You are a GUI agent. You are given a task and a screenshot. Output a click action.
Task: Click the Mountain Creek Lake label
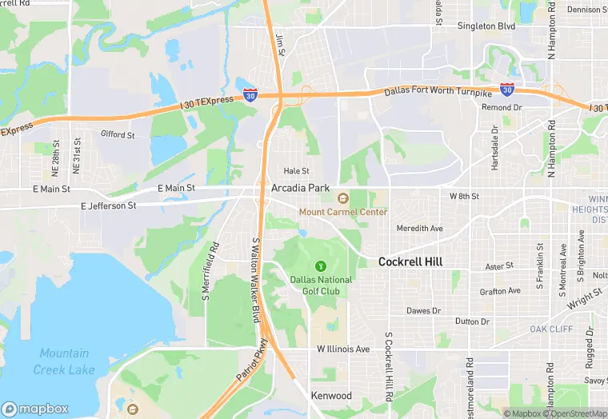click(x=64, y=361)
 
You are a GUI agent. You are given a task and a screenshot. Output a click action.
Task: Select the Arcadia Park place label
click(x=301, y=188)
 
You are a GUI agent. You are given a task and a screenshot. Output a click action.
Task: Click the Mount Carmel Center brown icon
click(x=342, y=198)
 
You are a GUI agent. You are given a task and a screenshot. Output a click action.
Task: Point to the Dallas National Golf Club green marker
click(x=320, y=265)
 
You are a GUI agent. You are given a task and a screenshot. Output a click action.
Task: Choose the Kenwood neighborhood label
click(x=332, y=396)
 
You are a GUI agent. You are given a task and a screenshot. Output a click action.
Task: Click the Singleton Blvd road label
click(x=486, y=26)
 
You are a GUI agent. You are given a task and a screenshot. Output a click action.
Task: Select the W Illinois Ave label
click(x=343, y=349)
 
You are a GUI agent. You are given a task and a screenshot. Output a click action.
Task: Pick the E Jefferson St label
click(x=109, y=206)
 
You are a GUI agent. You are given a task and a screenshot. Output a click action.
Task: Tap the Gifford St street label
click(x=118, y=135)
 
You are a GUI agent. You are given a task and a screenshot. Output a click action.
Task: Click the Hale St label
click(x=296, y=171)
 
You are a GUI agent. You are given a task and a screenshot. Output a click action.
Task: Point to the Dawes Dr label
click(x=423, y=310)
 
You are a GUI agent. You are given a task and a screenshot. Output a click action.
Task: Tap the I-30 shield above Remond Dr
click(x=507, y=90)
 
